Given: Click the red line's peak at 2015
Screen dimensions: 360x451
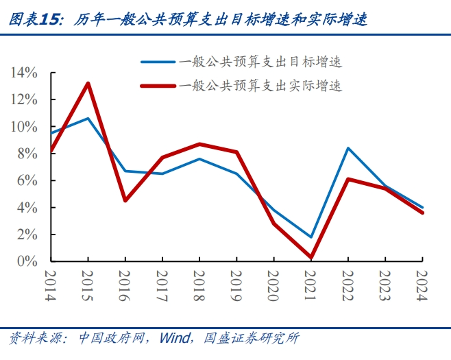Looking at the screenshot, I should pos(88,84).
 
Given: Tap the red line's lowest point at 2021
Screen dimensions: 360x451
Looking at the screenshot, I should pos(311,258).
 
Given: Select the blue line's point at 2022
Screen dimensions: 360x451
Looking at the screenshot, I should pos(348,148).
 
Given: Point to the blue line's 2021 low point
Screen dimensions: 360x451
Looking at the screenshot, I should pos(311,237).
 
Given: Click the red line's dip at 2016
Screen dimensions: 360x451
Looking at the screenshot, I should pos(125,201).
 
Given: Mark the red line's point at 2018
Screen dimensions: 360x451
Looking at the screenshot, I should pos(199,144).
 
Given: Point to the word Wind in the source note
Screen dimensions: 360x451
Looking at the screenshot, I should pos(173,338).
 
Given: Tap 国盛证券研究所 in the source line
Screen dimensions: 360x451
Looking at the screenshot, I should pos(247,338).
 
